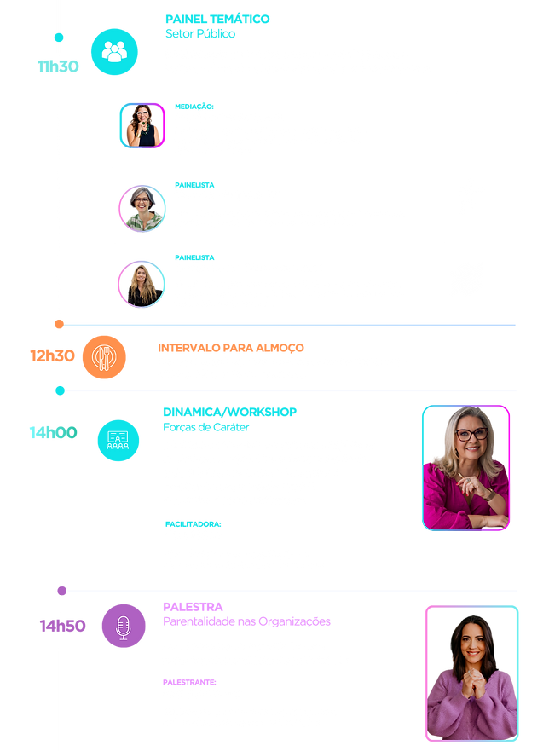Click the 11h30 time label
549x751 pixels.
(x=58, y=66)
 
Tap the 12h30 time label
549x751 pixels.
(x=52, y=355)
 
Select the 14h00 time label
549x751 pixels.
(x=53, y=432)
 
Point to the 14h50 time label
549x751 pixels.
(x=62, y=626)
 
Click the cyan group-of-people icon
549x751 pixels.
(x=114, y=52)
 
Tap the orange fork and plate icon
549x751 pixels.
(x=104, y=357)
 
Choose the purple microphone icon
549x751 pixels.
(x=124, y=626)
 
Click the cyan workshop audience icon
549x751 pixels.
(x=118, y=441)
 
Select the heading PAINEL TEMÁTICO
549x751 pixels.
(x=217, y=19)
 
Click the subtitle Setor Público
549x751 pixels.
(x=200, y=33)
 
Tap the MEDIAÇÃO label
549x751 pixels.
(x=194, y=107)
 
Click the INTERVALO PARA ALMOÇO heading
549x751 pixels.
(x=231, y=348)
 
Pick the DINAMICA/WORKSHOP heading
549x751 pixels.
(x=230, y=412)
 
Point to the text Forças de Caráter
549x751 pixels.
(x=206, y=427)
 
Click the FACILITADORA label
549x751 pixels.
(x=193, y=524)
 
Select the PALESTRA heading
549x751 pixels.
(x=193, y=607)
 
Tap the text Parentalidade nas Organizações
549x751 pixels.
(x=246, y=621)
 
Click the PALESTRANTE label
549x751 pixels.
(x=189, y=682)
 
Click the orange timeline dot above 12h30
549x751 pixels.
(x=59, y=324)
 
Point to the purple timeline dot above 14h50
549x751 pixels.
(x=61, y=591)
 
